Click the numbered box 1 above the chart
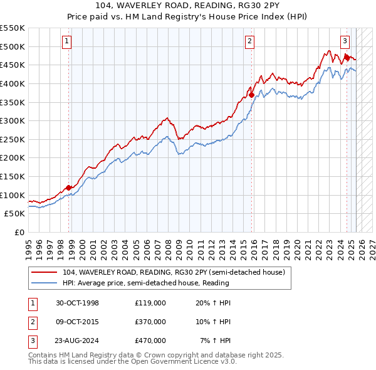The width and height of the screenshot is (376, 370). (x=66, y=42)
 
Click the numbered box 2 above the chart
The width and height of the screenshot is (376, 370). (x=249, y=42)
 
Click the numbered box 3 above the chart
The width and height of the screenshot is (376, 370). (x=345, y=42)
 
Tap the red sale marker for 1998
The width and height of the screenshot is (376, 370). (x=68, y=188)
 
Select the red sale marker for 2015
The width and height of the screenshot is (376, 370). (x=251, y=95)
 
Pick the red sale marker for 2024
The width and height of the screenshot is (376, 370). (x=346, y=57)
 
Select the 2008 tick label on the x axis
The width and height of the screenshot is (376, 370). (x=168, y=245)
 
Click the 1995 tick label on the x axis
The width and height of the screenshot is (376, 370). (x=28, y=245)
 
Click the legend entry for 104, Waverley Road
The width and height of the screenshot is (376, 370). (x=174, y=272)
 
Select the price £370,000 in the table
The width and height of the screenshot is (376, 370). (x=150, y=322)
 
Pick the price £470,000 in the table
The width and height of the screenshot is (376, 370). (x=150, y=341)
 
